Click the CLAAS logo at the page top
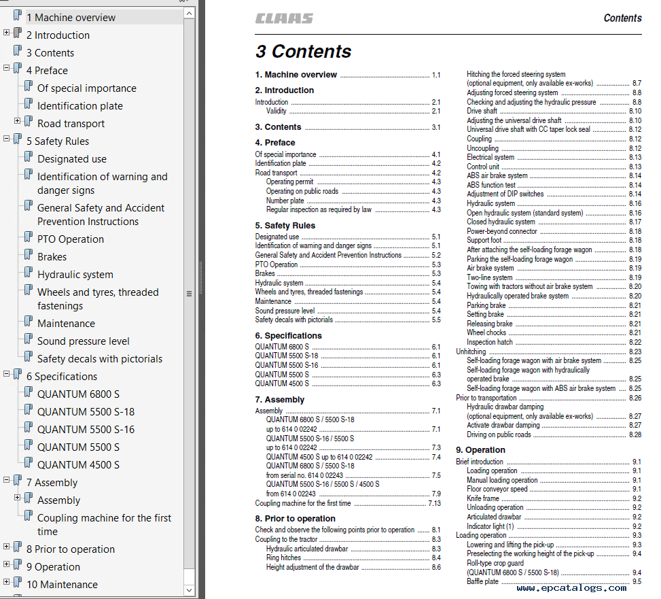tap(284, 18)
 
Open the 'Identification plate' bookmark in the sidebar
tap(80, 106)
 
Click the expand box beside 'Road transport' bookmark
tap(18, 121)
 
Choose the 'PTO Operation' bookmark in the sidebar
tap(71, 239)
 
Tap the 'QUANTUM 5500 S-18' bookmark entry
tap(86, 412)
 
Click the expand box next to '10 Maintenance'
tap(7, 582)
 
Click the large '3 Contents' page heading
tap(303, 52)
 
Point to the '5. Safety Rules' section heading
tap(285, 225)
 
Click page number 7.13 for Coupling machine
tap(434, 504)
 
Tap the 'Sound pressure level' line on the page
tap(285, 311)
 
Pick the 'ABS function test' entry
tap(490, 185)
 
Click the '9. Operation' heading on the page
tap(480, 450)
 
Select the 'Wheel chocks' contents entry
tap(486, 333)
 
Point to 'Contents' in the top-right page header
tap(622, 18)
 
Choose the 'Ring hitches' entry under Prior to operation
tap(283, 558)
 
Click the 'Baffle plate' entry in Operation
tap(482, 581)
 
